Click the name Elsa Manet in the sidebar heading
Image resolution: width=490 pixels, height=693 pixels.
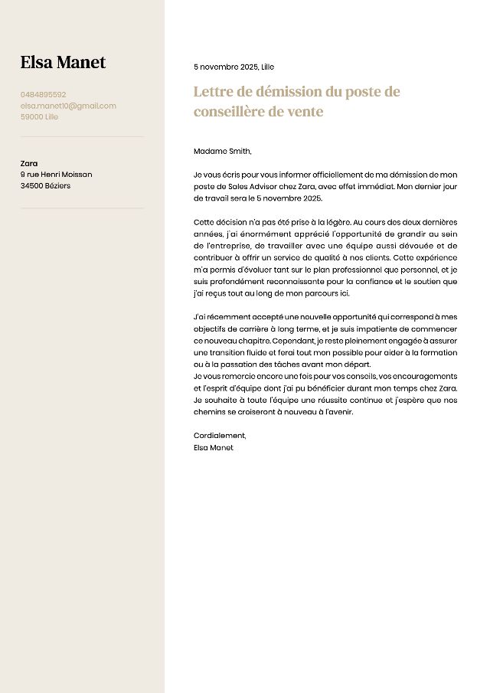[63, 63]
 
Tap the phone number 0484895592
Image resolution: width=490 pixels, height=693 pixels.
[44, 95]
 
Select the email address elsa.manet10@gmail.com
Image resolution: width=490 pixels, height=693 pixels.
[68, 106]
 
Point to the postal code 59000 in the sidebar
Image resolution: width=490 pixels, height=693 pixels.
[31, 117]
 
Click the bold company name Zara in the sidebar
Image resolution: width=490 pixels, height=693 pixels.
[29, 163]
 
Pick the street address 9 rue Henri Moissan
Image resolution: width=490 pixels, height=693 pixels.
[56, 175]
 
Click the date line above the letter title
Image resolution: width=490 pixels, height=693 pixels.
[234, 67]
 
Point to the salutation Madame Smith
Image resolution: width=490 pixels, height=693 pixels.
[222, 151]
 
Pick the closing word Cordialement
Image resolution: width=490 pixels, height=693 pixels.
[220, 436]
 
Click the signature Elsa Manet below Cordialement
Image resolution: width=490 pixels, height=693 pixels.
[214, 447]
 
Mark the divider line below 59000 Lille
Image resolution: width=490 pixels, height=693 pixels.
[82, 137]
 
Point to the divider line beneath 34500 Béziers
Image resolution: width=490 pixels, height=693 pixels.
[82, 208]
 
